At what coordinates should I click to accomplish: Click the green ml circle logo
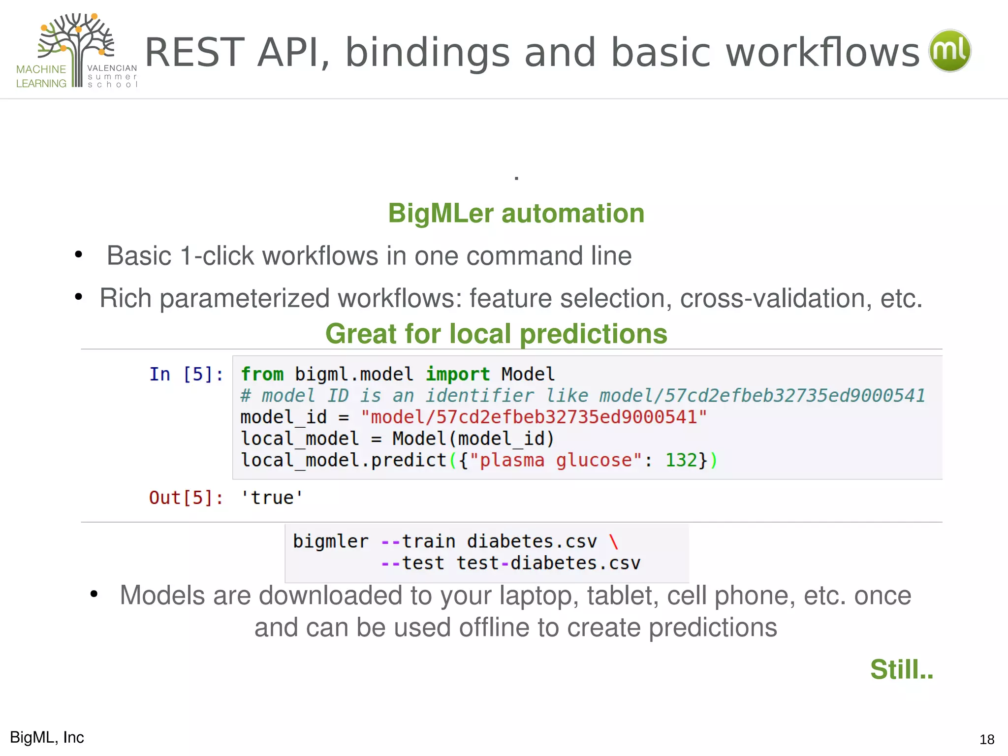point(949,51)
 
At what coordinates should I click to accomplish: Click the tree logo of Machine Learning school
point(77,44)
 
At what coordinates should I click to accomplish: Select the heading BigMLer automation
point(516,214)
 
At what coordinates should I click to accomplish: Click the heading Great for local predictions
point(496,334)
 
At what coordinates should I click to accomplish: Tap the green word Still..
point(901,669)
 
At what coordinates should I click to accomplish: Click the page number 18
point(986,739)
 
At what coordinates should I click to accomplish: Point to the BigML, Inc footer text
point(47,737)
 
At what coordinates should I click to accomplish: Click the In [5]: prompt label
point(186,375)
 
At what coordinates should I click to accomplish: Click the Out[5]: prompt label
point(186,498)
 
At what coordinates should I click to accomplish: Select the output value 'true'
point(272,498)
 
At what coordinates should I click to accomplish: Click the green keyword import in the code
point(457,375)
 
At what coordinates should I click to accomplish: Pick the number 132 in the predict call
point(681,460)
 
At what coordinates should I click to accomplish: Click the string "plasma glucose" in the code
point(556,460)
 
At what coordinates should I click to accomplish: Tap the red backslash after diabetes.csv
point(613,541)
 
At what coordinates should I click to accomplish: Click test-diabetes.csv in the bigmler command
point(548,563)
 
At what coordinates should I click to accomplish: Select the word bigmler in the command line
point(330,541)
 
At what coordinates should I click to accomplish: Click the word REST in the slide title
point(195,52)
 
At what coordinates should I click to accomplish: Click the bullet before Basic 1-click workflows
point(78,255)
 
